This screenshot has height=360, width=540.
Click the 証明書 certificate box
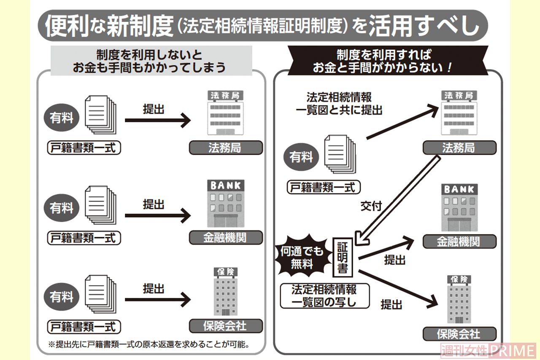pos(342,257)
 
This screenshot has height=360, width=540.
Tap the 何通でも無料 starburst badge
pos(301,257)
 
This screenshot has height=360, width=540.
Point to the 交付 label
pos(371,206)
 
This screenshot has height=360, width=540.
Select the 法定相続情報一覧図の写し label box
pos(324,296)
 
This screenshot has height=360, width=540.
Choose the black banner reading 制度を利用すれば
pos(388,61)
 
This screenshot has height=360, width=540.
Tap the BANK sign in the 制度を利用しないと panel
pos(226,185)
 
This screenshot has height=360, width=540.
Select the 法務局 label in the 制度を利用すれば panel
pos(459,148)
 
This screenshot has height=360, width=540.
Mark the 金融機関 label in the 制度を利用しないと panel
pos(225,238)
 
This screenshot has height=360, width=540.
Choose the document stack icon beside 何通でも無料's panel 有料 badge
pos(340,154)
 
